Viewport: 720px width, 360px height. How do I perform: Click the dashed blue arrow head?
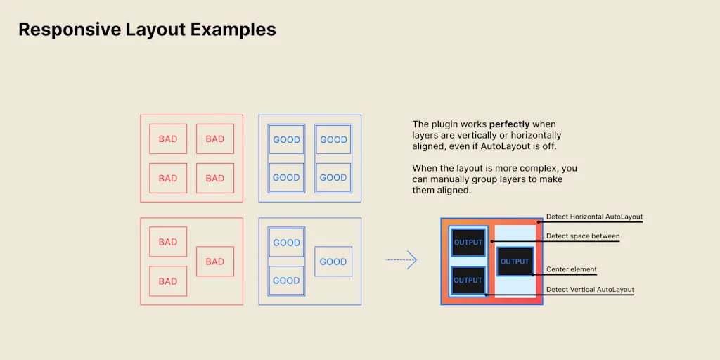[412, 260]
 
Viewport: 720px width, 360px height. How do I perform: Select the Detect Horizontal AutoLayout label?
[594, 217]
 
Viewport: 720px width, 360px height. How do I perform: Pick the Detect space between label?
[583, 236]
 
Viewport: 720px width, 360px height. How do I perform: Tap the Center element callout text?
[571, 269]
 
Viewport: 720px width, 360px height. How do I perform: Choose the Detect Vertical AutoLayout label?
[590, 289]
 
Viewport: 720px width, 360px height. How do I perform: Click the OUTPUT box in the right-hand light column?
[515, 262]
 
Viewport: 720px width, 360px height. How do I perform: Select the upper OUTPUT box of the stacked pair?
[468, 243]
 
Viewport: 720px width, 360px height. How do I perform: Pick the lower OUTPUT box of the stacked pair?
[468, 280]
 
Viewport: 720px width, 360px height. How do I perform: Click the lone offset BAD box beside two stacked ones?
[214, 262]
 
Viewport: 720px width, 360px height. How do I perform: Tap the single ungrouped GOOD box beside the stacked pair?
[333, 262]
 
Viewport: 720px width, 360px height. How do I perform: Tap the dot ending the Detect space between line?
[491, 241]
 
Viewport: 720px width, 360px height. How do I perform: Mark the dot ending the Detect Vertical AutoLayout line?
[486, 295]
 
